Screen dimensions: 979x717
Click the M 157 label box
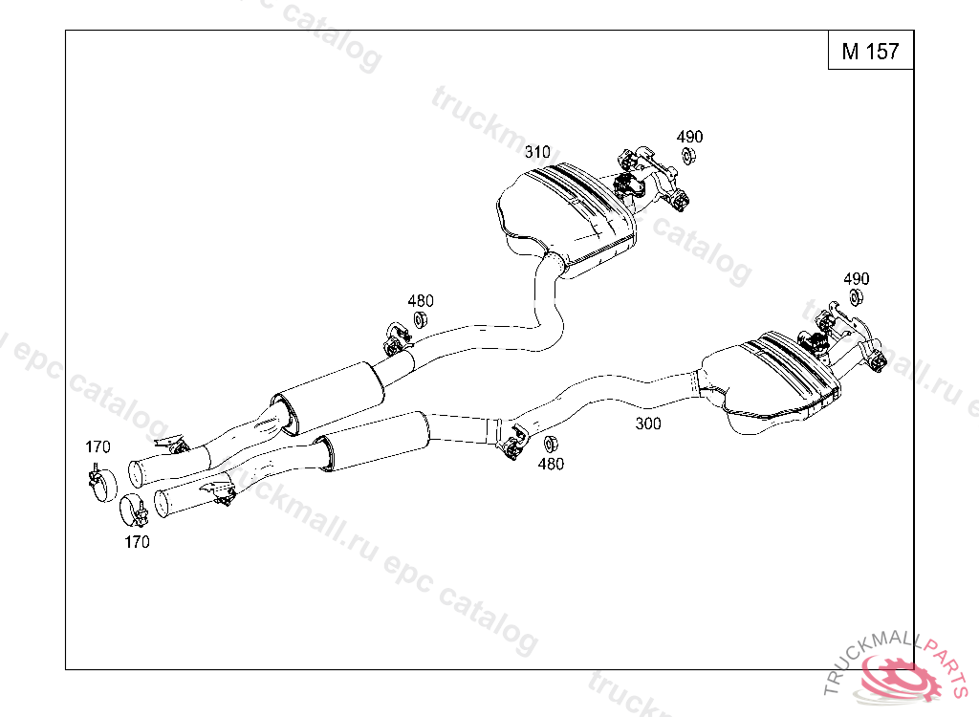pos(870,51)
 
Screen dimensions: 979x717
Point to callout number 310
pos(537,152)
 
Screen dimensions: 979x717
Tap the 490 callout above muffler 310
pos(689,137)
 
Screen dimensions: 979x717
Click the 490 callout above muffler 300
pos(856,278)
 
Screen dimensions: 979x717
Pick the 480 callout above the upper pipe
pos(421,301)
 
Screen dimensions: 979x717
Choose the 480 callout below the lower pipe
pos(551,464)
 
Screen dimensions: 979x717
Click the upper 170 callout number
pos(98,446)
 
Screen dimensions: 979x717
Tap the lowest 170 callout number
pos(137,542)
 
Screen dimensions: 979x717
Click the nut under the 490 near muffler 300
pos(856,297)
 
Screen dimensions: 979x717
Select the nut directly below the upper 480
pos(420,319)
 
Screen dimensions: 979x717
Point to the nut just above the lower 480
pos(550,445)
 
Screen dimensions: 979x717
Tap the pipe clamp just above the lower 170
pos(134,509)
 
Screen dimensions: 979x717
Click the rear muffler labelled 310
pos(569,212)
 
